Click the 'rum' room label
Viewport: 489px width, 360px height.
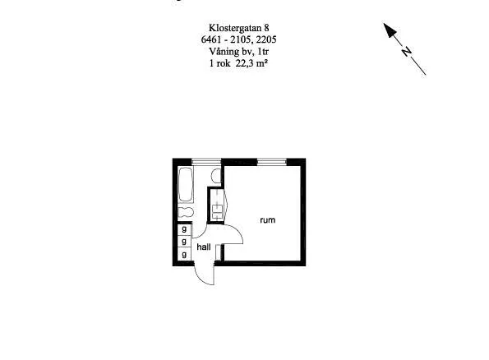point(268,220)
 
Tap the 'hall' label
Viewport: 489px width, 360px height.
point(204,247)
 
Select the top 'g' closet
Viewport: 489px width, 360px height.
point(184,229)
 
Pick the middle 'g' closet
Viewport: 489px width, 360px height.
point(184,241)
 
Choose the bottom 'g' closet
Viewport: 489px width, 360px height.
point(184,255)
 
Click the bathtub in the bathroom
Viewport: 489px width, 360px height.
point(186,184)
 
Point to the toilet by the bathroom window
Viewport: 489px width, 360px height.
point(216,175)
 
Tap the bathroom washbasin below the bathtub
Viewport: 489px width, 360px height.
point(186,213)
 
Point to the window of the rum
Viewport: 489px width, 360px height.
point(272,162)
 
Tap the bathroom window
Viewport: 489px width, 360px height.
point(206,162)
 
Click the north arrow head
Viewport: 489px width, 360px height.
point(390,30)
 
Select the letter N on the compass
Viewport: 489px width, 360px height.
point(406,52)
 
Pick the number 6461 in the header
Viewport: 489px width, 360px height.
point(210,39)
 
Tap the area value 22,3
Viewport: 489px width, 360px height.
point(246,63)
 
